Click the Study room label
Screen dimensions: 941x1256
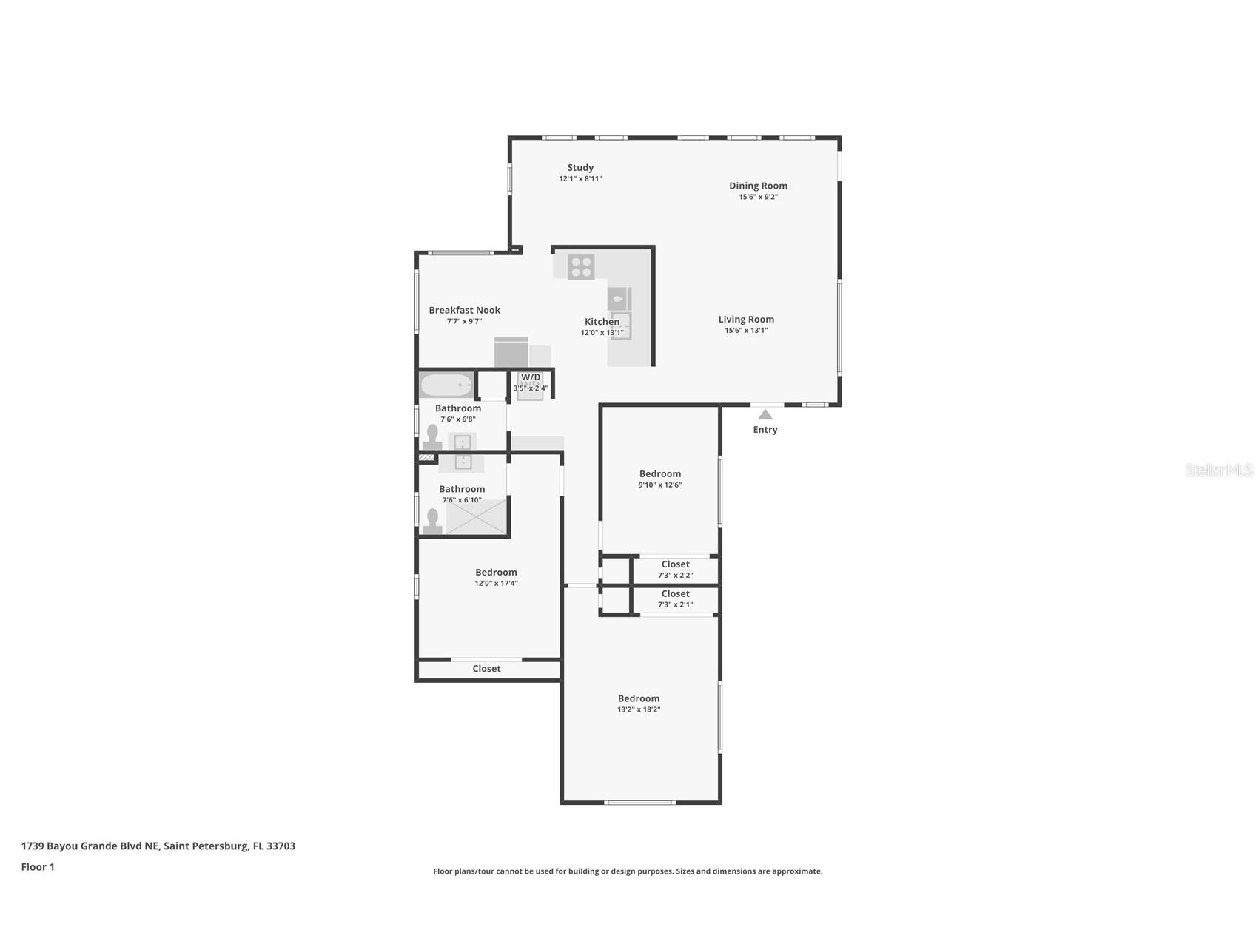(580, 168)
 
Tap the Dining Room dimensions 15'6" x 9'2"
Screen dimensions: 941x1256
(758, 197)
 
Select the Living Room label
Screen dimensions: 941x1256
(746, 320)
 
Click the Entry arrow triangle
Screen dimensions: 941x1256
(765, 415)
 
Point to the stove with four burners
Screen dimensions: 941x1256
(581, 267)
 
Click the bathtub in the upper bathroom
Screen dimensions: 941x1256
(446, 385)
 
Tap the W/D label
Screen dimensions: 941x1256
(531, 377)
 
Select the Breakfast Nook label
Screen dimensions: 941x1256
(464, 311)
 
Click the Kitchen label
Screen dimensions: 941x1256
(602, 322)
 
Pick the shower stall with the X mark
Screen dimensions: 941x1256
(477, 516)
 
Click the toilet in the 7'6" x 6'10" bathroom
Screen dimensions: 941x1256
(433, 522)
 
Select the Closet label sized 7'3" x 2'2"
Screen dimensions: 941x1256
(675, 564)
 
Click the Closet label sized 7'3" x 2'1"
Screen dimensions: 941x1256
(675, 594)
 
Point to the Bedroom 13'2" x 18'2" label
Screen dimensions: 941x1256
(639, 698)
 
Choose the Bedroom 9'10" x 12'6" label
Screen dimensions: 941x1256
(659, 474)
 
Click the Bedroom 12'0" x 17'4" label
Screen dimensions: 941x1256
(496, 573)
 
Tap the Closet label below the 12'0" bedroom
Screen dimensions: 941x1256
(486, 669)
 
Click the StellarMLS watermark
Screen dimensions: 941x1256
(1218, 470)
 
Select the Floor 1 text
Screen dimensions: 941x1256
(38, 867)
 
